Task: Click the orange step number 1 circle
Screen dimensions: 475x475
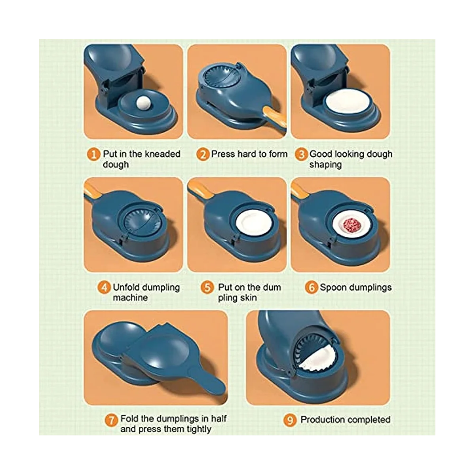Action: click(x=93, y=154)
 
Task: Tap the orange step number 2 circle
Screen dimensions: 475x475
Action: click(x=203, y=154)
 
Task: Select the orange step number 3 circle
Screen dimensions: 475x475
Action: click(x=301, y=154)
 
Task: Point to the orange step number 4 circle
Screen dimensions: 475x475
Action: click(x=104, y=288)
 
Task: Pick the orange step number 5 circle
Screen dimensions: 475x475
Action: click(x=207, y=288)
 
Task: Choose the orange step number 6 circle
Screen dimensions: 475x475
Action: click(x=312, y=288)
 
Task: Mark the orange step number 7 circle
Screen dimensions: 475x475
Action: click(x=111, y=420)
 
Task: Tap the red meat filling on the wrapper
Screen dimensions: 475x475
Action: click(x=351, y=226)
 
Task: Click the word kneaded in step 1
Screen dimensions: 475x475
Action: click(x=162, y=154)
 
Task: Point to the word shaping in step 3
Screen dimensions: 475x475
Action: click(x=325, y=165)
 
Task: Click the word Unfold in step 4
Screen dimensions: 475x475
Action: click(x=127, y=287)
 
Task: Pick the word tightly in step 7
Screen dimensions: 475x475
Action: click(x=199, y=429)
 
